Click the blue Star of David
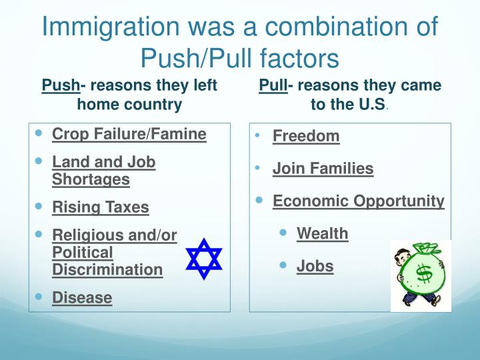click(x=204, y=259)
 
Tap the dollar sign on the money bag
click(x=424, y=273)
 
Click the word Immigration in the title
click(x=111, y=27)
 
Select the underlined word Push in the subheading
click(x=61, y=85)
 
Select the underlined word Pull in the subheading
click(x=273, y=85)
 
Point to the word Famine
click(x=178, y=134)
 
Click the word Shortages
click(x=91, y=179)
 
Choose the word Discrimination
click(x=107, y=270)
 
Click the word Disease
click(x=82, y=297)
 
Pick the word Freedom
click(x=306, y=136)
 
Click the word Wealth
click(x=323, y=233)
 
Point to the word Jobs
click(x=315, y=266)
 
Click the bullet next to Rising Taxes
click(x=39, y=206)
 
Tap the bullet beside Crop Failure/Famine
click(x=39, y=133)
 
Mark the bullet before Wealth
click(x=283, y=233)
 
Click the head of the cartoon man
click(x=401, y=257)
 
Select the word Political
click(x=83, y=253)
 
